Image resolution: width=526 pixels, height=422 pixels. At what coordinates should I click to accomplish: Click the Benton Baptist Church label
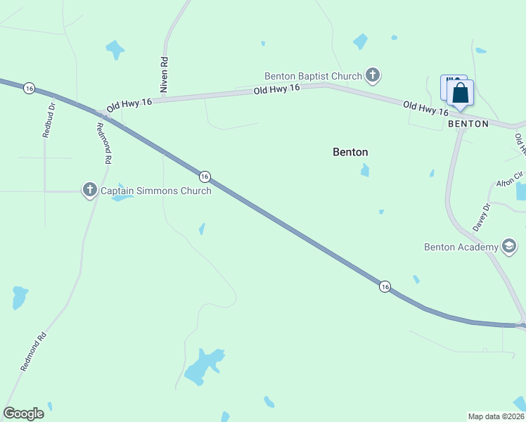pyautogui.click(x=313, y=76)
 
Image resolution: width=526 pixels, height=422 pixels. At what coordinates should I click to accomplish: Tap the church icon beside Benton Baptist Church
pyautogui.click(x=373, y=75)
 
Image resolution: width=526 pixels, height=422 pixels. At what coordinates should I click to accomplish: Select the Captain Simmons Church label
pyautogui.click(x=155, y=191)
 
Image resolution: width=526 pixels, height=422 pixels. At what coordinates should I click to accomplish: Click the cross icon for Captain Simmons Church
pyautogui.click(x=89, y=190)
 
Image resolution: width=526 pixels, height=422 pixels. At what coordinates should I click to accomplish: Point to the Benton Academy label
pyautogui.click(x=461, y=247)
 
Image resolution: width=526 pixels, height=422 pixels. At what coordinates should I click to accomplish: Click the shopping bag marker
pyautogui.click(x=460, y=94)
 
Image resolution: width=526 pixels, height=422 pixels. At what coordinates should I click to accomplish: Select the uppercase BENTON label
pyautogui.click(x=468, y=124)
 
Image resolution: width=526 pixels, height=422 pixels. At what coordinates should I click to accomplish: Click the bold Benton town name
pyautogui.click(x=350, y=152)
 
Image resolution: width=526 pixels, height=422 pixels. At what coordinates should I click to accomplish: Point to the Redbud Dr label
pyautogui.click(x=49, y=120)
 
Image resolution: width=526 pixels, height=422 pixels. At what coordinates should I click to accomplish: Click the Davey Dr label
pyautogui.click(x=481, y=217)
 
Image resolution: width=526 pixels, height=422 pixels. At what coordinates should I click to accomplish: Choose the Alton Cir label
pyautogui.click(x=510, y=180)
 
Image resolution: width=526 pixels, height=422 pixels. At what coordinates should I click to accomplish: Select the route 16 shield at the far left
pyautogui.click(x=29, y=88)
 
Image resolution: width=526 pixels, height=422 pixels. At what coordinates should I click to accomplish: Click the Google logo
pyautogui.click(x=23, y=413)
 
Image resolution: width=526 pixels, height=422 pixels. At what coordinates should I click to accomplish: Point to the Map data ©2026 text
pyautogui.click(x=495, y=416)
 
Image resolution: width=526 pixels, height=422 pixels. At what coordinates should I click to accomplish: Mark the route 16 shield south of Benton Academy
pyautogui.click(x=385, y=286)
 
